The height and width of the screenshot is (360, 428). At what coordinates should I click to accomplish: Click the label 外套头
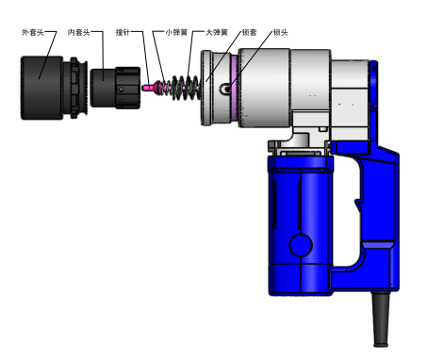(32, 32)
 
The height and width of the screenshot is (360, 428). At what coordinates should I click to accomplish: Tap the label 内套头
(79, 32)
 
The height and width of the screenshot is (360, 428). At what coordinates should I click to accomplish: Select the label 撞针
(123, 32)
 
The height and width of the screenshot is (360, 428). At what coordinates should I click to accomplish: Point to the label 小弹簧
(176, 32)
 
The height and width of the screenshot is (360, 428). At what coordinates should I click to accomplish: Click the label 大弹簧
(216, 32)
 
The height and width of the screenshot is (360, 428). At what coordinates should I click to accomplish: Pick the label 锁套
(250, 32)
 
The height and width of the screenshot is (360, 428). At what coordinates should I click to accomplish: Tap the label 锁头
(280, 32)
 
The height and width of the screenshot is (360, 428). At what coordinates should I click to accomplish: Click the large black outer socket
(41, 88)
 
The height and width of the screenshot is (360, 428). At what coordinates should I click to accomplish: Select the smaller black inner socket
(115, 88)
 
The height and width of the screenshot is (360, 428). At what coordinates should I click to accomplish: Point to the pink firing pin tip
(147, 88)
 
